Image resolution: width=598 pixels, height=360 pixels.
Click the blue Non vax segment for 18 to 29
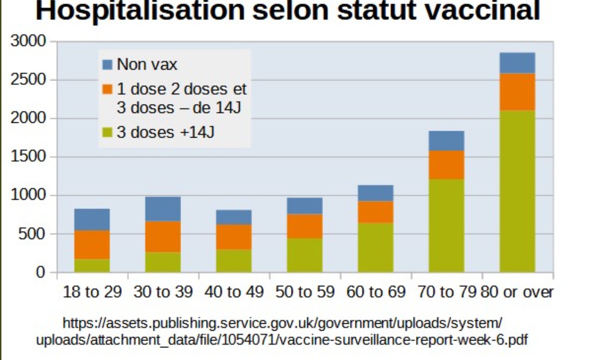point(92,220)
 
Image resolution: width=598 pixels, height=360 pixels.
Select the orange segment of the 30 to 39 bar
point(163,237)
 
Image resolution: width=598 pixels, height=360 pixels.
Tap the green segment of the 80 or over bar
point(517,191)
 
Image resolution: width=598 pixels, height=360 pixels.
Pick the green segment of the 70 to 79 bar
point(446,226)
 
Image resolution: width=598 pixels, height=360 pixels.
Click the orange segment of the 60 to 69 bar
point(376,212)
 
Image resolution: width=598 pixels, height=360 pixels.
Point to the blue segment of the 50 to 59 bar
point(304,206)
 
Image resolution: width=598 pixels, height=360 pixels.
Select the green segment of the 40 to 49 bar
point(234,261)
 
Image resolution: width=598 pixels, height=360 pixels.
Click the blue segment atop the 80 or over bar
point(517,63)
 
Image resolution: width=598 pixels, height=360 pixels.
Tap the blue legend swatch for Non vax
point(108,65)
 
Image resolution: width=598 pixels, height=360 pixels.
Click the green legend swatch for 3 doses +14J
point(108,133)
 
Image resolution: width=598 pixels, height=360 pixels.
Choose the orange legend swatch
point(108,88)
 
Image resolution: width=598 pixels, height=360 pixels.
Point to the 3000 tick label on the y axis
point(28,41)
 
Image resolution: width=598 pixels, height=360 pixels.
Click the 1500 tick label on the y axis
point(28,157)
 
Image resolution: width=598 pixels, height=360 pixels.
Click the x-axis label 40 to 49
point(234,292)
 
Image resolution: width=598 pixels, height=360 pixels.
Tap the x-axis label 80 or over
point(517,292)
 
